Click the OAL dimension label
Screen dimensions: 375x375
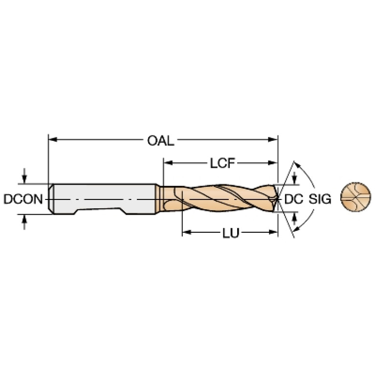[x=160, y=141]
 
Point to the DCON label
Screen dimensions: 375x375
[x=22, y=199]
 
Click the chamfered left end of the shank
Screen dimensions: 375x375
[x=50, y=199]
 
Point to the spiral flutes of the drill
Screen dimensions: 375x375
[x=220, y=198]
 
